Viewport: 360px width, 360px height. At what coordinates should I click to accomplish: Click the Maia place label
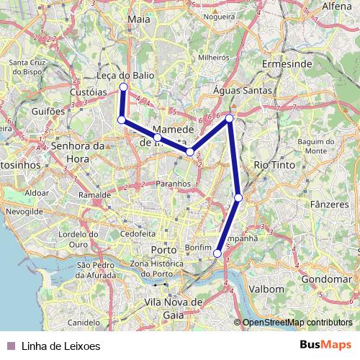click(x=138, y=19)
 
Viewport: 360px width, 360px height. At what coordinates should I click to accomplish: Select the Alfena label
click(x=341, y=6)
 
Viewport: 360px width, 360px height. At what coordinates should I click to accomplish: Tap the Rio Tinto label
click(x=271, y=165)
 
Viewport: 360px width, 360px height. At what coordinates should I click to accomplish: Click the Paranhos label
click(x=173, y=184)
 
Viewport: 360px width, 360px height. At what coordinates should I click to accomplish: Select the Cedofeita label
click(x=138, y=233)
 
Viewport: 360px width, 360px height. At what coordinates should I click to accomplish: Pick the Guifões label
click(x=48, y=112)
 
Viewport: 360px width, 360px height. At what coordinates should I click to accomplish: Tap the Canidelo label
click(x=84, y=323)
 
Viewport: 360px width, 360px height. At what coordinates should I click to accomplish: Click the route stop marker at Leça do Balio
click(x=123, y=87)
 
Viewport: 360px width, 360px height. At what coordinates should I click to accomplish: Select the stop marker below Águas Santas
click(x=230, y=118)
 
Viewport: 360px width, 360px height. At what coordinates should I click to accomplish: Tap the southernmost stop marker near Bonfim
click(x=217, y=253)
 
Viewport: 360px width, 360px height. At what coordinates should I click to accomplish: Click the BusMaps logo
click(x=326, y=345)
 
